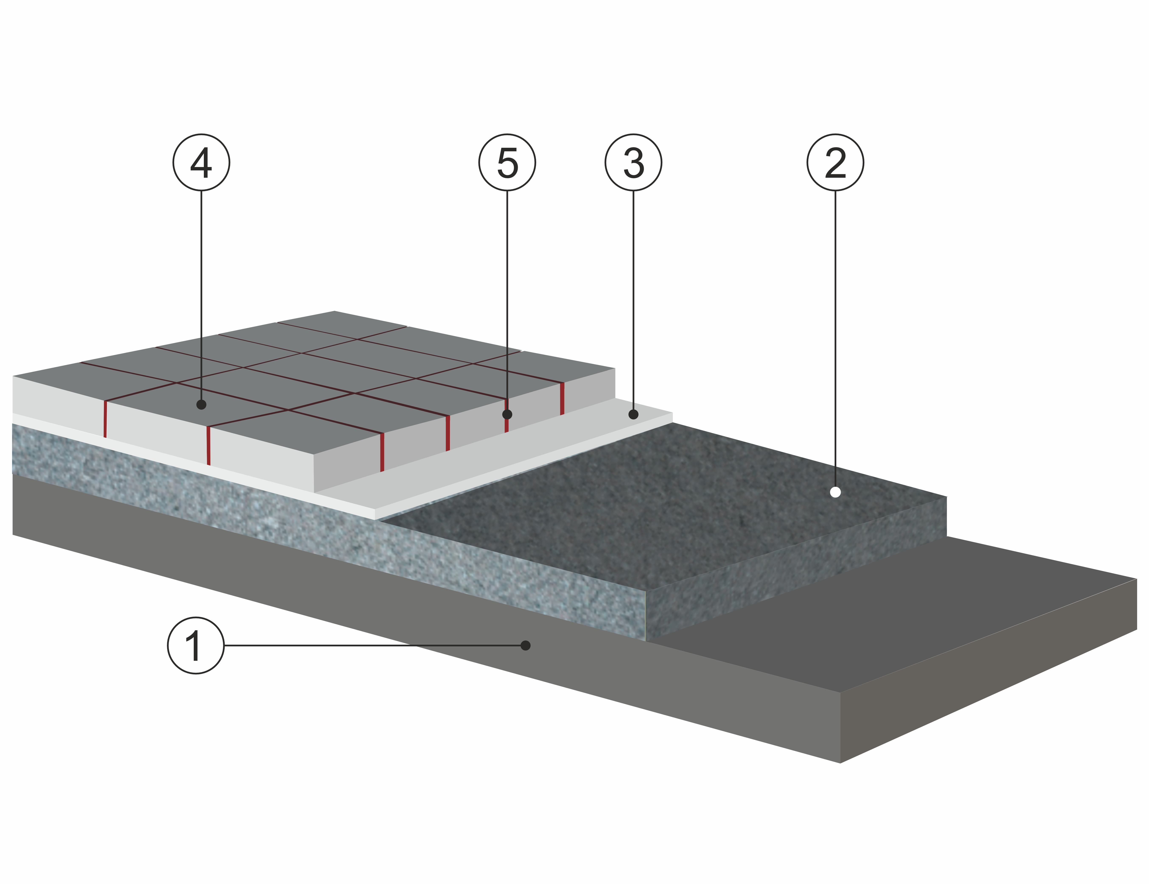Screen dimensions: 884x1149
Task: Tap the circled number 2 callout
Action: [x=835, y=162]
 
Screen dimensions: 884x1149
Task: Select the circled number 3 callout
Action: [x=633, y=162]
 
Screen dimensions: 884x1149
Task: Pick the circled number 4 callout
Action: [x=201, y=162]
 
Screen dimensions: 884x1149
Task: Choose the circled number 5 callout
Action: [x=507, y=162]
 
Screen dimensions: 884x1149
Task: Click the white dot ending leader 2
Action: [x=835, y=492]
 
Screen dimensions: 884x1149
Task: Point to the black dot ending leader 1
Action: [x=525, y=645]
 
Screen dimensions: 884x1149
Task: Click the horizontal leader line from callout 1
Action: [x=368, y=645]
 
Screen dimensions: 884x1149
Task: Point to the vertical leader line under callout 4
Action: [x=201, y=295]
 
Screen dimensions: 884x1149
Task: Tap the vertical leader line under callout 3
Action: [x=633, y=300]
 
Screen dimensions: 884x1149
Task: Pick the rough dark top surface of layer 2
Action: [x=658, y=500]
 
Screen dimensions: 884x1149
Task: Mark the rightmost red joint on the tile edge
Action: [x=562, y=398]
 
